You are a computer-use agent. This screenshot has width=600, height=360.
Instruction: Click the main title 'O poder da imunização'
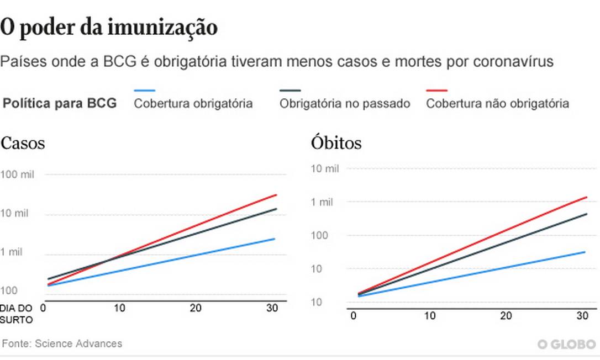(x=109, y=27)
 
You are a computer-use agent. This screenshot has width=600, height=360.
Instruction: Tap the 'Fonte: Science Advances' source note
(x=62, y=343)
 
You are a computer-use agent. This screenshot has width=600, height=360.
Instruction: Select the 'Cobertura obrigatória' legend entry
(x=193, y=103)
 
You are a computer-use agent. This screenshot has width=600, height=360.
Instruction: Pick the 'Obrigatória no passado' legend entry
(x=345, y=103)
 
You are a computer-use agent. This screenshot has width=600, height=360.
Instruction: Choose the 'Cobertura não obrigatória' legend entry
(x=497, y=103)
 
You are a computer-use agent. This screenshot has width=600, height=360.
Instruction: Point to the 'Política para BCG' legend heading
(x=60, y=103)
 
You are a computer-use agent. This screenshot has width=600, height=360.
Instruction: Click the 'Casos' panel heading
(x=23, y=144)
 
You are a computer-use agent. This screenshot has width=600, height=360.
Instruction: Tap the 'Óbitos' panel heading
(x=336, y=143)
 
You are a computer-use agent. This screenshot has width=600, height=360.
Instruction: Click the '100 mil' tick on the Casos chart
(x=18, y=174)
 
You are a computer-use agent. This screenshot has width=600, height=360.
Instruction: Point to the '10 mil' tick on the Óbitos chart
(x=325, y=168)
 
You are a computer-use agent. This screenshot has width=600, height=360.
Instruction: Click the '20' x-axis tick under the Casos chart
(x=196, y=308)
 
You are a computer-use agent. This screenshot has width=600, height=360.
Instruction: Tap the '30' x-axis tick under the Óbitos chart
(x=582, y=315)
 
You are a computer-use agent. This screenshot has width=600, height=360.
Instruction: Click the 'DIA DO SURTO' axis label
(x=17, y=313)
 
